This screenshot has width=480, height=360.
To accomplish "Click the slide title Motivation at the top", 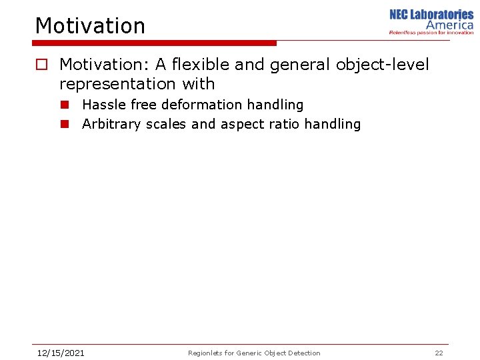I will point(90,26).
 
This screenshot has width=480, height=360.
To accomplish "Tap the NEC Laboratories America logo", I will point(431,19).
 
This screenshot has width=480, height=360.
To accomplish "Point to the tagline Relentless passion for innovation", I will point(431,32).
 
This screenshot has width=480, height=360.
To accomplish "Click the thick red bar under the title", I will point(155,43).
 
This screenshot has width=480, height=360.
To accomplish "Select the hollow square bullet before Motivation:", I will point(41,65).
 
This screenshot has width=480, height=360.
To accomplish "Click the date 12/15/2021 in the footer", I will point(60,353).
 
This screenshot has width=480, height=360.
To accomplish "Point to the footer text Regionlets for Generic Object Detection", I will point(254,353).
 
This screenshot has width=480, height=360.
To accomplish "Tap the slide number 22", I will point(439,353).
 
